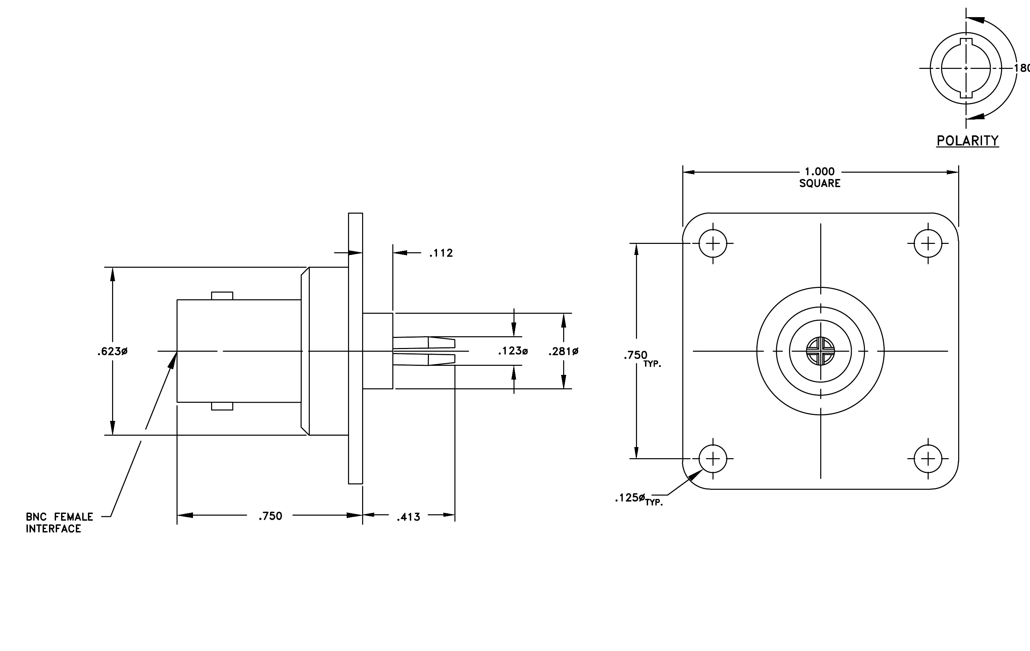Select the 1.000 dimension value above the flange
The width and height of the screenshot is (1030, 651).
click(x=820, y=172)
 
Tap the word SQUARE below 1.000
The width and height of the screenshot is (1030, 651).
click(x=820, y=183)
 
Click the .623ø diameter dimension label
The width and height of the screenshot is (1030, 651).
click(x=112, y=351)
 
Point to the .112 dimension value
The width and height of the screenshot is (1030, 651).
click(x=441, y=253)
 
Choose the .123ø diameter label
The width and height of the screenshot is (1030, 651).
click(x=513, y=351)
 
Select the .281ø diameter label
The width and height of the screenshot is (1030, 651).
click(x=563, y=351)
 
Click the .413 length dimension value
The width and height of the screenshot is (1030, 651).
click(x=408, y=517)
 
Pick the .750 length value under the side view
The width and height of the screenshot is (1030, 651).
click(x=270, y=516)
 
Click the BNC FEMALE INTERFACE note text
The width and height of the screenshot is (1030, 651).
click(x=59, y=523)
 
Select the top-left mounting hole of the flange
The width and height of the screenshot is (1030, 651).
click(x=713, y=244)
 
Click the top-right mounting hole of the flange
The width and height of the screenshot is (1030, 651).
click(x=928, y=244)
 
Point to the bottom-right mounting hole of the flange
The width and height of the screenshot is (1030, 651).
click(x=928, y=459)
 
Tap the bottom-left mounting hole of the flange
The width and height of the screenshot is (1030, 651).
click(x=713, y=459)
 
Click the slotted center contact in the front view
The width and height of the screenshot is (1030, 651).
click(x=820, y=351)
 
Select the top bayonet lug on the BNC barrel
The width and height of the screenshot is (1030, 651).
click(x=222, y=296)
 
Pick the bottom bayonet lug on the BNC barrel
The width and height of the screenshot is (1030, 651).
click(x=222, y=406)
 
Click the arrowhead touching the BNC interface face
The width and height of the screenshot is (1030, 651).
click(x=173, y=360)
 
